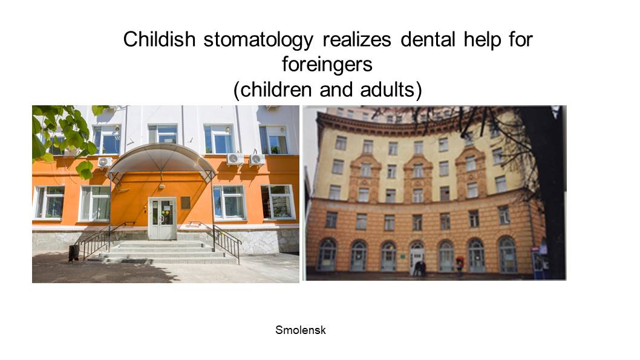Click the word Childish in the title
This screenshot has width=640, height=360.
click(x=159, y=39)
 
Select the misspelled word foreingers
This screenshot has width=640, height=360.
click(x=327, y=65)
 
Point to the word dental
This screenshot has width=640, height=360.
click(x=428, y=39)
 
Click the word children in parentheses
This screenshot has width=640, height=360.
click(x=276, y=90)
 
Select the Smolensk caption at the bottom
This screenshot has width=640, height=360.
click(x=301, y=330)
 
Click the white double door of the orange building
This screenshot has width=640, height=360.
click(x=163, y=218)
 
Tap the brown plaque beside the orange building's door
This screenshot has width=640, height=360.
click(x=186, y=203)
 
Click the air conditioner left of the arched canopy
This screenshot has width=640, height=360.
click(x=105, y=162)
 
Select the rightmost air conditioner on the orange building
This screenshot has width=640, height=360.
click(x=257, y=159)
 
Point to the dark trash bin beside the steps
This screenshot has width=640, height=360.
click(x=73, y=253)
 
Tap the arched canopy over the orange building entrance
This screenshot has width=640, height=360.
click(x=161, y=161)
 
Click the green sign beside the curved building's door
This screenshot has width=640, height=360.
click(x=402, y=257)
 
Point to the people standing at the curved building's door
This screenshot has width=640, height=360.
click(x=419, y=268)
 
